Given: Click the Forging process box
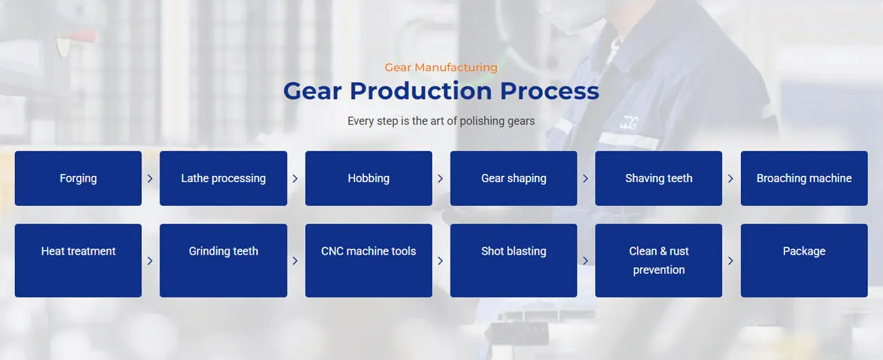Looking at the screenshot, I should (78, 178).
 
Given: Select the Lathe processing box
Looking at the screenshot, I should (223, 178).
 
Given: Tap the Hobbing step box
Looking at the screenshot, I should (368, 178).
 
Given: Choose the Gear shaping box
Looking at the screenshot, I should (513, 178).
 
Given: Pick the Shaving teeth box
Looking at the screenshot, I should (658, 178).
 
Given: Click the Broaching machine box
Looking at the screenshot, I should (804, 178).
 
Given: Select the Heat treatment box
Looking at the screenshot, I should (78, 260).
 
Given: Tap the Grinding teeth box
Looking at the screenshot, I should (223, 260).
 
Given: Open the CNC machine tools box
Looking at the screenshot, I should (368, 260).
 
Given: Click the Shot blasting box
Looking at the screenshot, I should (513, 260).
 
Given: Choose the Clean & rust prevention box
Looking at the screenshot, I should (658, 260).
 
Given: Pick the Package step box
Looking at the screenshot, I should (804, 260).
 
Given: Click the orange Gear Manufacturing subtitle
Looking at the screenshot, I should (441, 67).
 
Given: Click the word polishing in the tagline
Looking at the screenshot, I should (482, 121).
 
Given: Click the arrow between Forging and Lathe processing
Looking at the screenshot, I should (150, 179).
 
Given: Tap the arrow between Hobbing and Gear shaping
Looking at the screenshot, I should (440, 179).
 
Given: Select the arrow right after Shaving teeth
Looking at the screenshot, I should (730, 179).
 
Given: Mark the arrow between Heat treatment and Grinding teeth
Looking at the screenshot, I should (150, 260).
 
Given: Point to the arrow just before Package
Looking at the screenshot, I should (730, 260).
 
